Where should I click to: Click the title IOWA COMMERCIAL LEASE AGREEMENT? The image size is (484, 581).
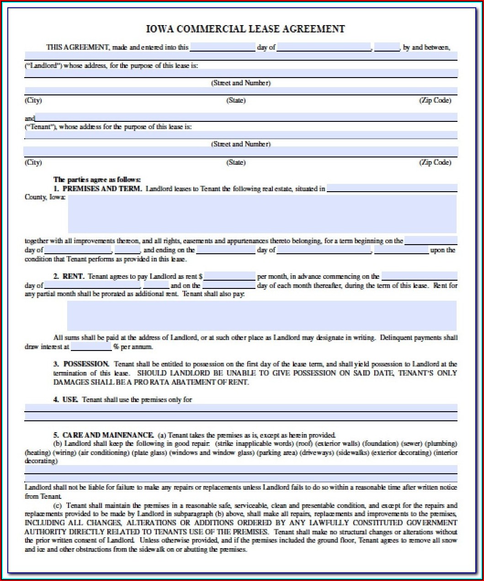coord(245,29)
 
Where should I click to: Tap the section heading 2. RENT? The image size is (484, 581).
coord(69,276)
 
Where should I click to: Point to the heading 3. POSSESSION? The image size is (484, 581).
coord(81,364)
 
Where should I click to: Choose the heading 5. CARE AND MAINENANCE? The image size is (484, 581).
coord(103,435)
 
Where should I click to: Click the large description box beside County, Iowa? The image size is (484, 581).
coord(262,214)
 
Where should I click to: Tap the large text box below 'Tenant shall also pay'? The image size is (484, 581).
coord(261,315)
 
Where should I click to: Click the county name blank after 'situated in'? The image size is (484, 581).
coord(392,188)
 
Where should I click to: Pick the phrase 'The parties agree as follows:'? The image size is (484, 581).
coord(97,180)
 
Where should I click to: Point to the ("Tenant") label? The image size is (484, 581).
coord(40,127)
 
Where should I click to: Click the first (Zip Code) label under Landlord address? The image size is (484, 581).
coord(435,100)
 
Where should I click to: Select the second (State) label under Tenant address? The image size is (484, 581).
coord(236,162)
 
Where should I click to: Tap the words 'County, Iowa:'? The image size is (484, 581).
coord(45,197)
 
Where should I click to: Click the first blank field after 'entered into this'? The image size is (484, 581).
coord(223,47)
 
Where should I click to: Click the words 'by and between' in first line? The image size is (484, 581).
coord(426,47)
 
